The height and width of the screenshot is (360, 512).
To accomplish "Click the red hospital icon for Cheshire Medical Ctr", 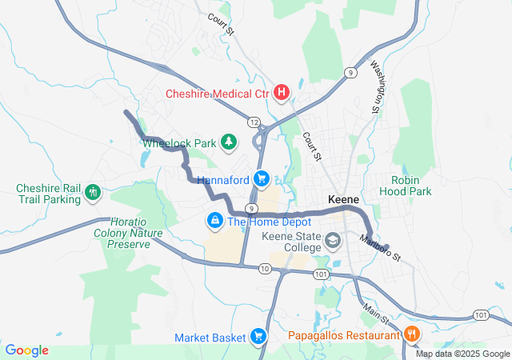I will click(x=281, y=94).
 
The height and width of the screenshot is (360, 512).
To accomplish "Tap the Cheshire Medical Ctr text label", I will click(x=217, y=94).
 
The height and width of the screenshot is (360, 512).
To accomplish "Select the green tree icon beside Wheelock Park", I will click(x=230, y=142).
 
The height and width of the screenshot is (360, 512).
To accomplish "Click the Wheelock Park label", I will click(x=180, y=143).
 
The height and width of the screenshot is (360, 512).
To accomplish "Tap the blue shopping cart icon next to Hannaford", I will click(x=261, y=179).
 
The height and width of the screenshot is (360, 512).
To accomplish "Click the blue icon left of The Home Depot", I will click(x=214, y=219).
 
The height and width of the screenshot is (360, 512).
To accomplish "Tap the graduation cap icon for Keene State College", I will click(x=333, y=239).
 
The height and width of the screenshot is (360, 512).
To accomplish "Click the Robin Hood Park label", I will click(x=411, y=186).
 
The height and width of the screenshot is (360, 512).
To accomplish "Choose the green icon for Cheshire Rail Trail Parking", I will click(x=93, y=191).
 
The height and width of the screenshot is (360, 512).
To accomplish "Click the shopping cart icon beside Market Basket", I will click(x=258, y=337).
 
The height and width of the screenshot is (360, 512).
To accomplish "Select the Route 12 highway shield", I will click(x=254, y=122).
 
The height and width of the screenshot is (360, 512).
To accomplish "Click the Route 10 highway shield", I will click(x=264, y=268).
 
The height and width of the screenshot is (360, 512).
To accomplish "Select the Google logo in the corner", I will click(x=27, y=350).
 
